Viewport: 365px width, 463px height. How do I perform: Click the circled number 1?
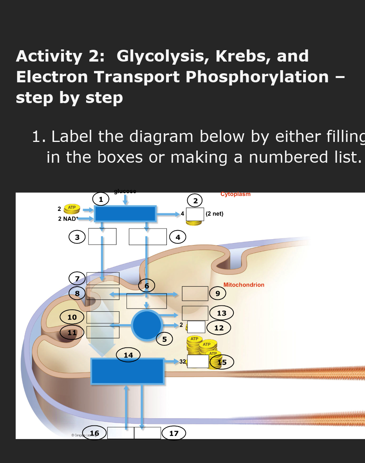[101, 199]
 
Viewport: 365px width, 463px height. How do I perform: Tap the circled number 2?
[195, 200]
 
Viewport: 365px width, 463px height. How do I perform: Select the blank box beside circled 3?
[102, 236]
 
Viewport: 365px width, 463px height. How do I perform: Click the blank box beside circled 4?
[148, 237]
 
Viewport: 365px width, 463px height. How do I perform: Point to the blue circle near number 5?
[147, 325]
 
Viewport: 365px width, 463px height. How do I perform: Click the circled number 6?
[146, 286]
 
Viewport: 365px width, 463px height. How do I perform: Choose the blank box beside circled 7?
[103, 278]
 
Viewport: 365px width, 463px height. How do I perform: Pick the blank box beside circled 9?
[195, 293]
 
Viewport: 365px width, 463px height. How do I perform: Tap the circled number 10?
[72, 317]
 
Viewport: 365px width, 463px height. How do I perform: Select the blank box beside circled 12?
[196, 327]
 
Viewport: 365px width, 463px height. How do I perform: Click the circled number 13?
[222, 313]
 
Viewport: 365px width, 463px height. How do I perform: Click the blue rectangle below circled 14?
[127, 371]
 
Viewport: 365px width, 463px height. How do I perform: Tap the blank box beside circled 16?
[121, 433]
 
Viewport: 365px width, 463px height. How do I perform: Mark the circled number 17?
[173, 433]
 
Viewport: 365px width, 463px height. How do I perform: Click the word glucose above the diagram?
[125, 191]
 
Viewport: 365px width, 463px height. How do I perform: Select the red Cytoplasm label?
[235, 194]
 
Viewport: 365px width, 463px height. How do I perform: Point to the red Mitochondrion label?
[244, 285]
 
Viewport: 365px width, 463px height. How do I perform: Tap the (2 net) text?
[214, 214]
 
